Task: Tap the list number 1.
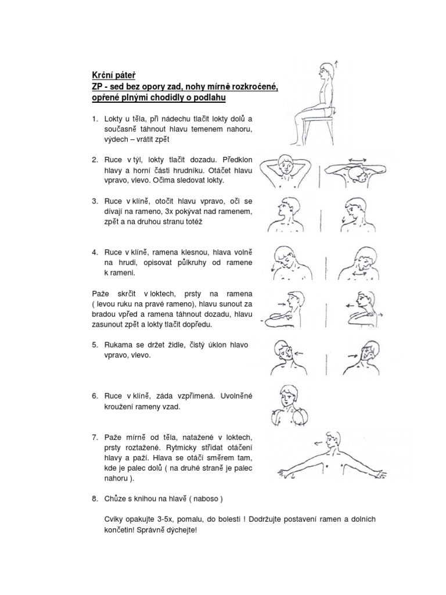pos(95,119)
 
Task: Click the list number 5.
pos(95,345)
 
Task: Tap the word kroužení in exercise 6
pos(120,407)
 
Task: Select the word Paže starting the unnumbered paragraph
pos(100,293)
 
